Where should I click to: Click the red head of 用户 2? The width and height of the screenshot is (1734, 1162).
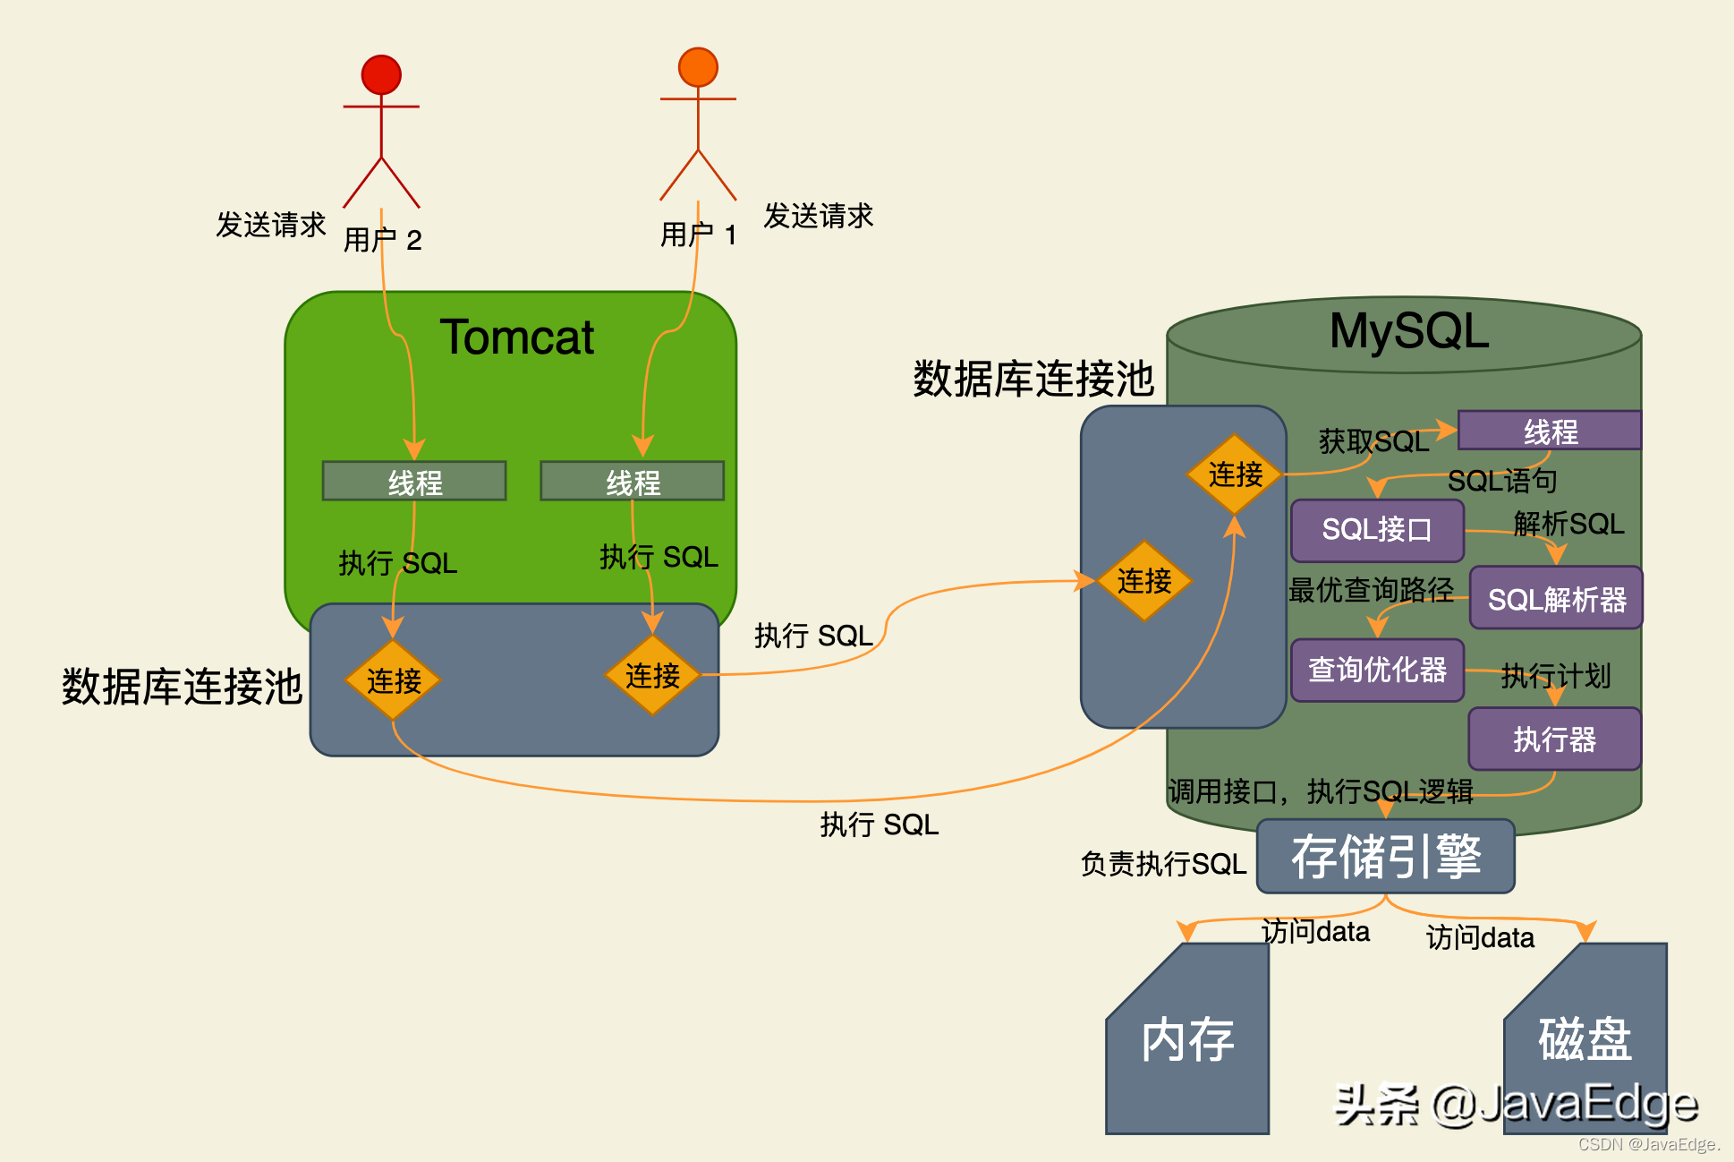(381, 75)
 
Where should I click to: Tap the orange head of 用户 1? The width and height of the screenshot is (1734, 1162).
(698, 67)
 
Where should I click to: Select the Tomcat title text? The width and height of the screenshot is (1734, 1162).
(516, 337)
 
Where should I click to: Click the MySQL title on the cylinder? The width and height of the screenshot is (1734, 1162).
(1408, 330)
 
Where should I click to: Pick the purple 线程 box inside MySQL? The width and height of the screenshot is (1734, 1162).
(1550, 431)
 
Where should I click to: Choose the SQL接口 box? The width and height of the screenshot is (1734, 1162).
(1377, 529)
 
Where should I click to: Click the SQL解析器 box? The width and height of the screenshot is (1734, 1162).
(1556, 598)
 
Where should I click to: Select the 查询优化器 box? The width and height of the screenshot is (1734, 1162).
(1377, 669)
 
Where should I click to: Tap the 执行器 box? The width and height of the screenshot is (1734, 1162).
(1554, 739)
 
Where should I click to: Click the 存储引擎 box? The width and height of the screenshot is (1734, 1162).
(1385, 857)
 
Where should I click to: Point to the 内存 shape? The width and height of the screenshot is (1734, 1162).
(1187, 1043)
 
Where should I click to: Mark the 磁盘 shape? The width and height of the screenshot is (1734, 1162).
(1585, 1038)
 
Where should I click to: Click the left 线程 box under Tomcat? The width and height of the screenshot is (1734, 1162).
(414, 482)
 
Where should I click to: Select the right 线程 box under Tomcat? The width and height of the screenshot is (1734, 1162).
(633, 482)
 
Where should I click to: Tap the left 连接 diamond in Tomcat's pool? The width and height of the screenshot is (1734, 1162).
(394, 680)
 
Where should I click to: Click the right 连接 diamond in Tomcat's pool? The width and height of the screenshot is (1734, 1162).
(652, 675)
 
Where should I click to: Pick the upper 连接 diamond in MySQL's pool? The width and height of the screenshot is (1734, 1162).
(1235, 474)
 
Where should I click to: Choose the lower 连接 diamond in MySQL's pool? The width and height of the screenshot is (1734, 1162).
(1143, 581)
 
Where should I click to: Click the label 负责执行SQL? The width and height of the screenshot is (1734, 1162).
(1163, 864)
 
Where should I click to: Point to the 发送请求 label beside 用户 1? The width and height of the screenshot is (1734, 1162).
(818, 216)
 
